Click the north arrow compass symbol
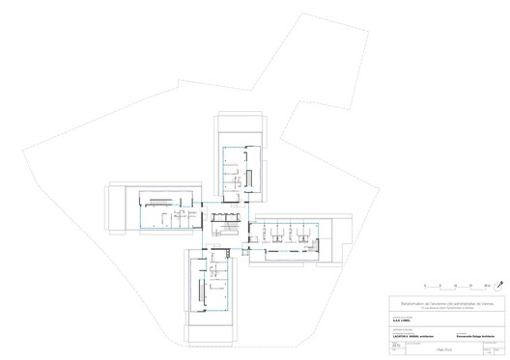pos(501,286)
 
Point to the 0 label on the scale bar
pos(426,284)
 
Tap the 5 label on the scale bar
pos(441,284)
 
